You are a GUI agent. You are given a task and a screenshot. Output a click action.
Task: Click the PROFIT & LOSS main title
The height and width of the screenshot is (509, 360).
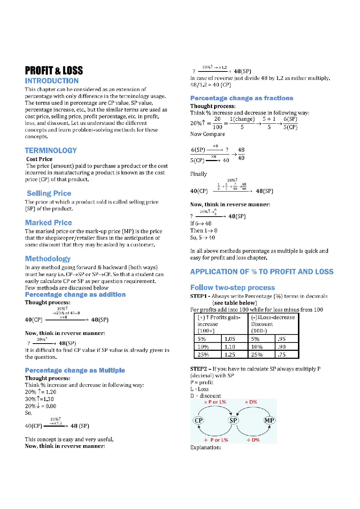click(54, 70)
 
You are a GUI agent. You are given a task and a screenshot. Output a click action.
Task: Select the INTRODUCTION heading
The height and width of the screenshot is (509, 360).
click(52, 81)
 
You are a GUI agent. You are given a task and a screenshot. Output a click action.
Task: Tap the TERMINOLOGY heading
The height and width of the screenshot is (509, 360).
click(51, 151)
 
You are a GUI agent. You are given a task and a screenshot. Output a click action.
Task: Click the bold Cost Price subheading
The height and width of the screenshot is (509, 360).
click(39, 159)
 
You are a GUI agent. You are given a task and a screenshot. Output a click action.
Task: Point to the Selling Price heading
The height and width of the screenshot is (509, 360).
click(49, 193)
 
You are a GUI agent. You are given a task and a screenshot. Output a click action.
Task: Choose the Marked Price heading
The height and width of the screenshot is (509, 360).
click(49, 223)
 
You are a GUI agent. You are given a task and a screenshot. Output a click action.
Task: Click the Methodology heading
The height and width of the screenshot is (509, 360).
click(48, 259)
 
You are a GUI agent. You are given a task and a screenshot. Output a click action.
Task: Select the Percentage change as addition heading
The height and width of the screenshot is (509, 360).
click(75, 295)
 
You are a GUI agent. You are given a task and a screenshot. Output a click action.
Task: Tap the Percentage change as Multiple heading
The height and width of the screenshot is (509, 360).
click(75, 370)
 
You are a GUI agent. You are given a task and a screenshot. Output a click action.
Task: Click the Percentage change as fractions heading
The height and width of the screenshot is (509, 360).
click(242, 98)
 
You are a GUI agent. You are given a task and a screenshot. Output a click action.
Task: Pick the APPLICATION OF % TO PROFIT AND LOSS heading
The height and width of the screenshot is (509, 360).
click(262, 272)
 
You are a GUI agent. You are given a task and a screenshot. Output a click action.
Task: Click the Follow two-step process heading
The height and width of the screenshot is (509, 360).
click(233, 288)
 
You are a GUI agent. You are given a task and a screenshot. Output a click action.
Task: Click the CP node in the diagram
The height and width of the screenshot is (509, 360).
click(199, 420)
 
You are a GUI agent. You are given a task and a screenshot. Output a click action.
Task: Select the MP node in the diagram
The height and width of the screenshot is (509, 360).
click(269, 420)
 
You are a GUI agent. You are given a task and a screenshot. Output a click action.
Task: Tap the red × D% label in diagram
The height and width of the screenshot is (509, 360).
click(251, 402)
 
